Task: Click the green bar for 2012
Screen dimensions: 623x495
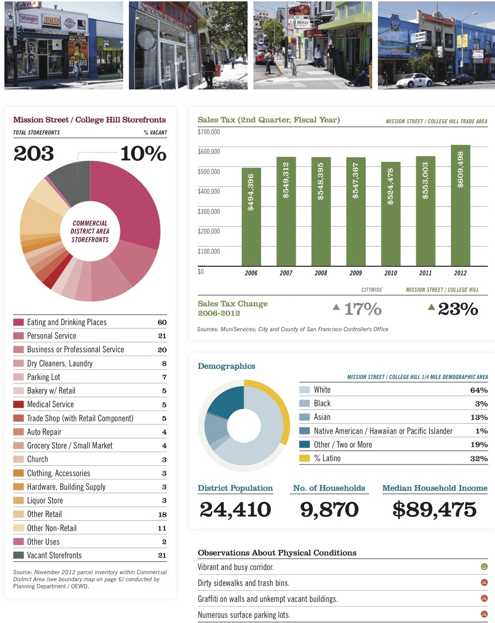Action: pyautogui.click(x=460, y=206)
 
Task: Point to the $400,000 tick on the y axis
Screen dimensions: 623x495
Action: pyautogui.click(x=209, y=191)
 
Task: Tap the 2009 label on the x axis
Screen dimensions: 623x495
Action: pyautogui.click(x=356, y=273)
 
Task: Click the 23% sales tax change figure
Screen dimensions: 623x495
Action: pyautogui.click(x=457, y=309)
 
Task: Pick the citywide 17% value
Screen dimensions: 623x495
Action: pyautogui.click(x=362, y=309)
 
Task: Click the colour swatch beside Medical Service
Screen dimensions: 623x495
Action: pyautogui.click(x=18, y=404)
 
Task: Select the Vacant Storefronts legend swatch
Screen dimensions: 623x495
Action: pyautogui.click(x=18, y=555)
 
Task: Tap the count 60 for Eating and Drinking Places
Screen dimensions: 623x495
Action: pyautogui.click(x=162, y=322)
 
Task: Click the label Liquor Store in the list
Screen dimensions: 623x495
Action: pyautogui.click(x=45, y=501)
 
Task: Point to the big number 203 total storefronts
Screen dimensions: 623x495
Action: pyautogui.click(x=34, y=153)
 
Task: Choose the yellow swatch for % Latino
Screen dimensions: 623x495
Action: pyautogui.click(x=304, y=458)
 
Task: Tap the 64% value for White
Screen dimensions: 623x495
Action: pyautogui.click(x=479, y=390)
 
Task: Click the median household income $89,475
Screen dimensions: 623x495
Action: pyautogui.click(x=435, y=509)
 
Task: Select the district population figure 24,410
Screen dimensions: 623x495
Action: pyautogui.click(x=235, y=509)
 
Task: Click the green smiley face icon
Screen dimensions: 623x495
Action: pyautogui.click(x=484, y=567)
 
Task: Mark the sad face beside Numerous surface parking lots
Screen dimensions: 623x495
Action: pyautogui.click(x=484, y=614)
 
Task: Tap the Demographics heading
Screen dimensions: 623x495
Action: pyautogui.click(x=226, y=366)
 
